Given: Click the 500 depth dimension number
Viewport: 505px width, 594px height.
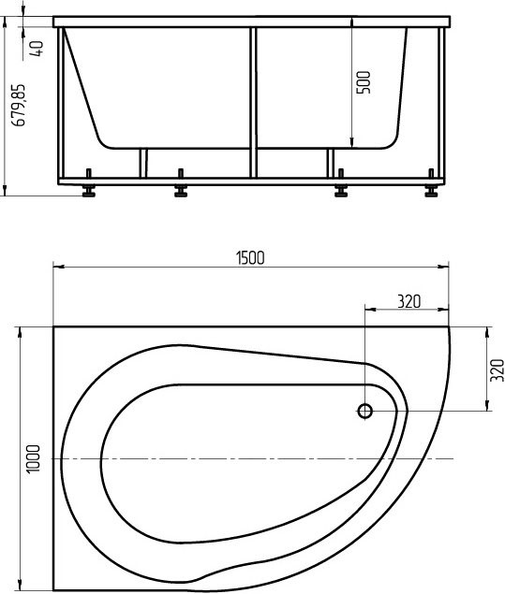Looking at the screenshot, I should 364,81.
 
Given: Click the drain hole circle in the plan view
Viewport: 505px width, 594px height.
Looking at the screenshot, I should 365,410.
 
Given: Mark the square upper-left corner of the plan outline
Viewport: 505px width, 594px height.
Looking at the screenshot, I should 54,327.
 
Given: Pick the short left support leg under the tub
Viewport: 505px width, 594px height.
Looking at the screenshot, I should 143,163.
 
